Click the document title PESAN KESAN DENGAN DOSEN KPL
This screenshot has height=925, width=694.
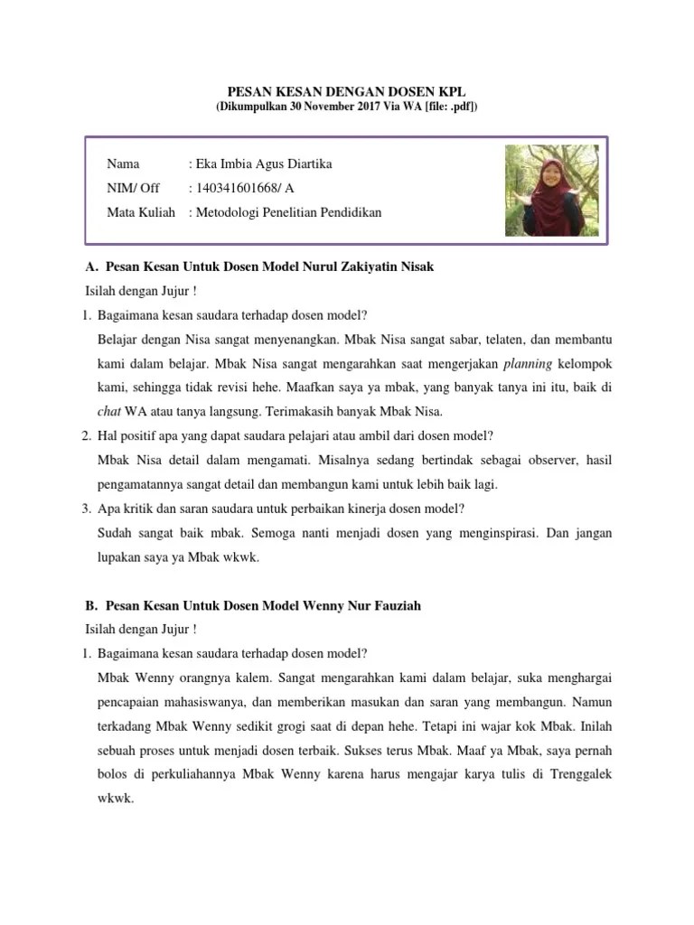tap(347, 91)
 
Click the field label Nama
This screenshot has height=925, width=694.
tap(123, 164)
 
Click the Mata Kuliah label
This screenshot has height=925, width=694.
tap(140, 213)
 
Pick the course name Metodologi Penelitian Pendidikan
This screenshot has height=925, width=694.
tap(288, 213)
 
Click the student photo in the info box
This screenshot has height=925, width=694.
tap(551, 190)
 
